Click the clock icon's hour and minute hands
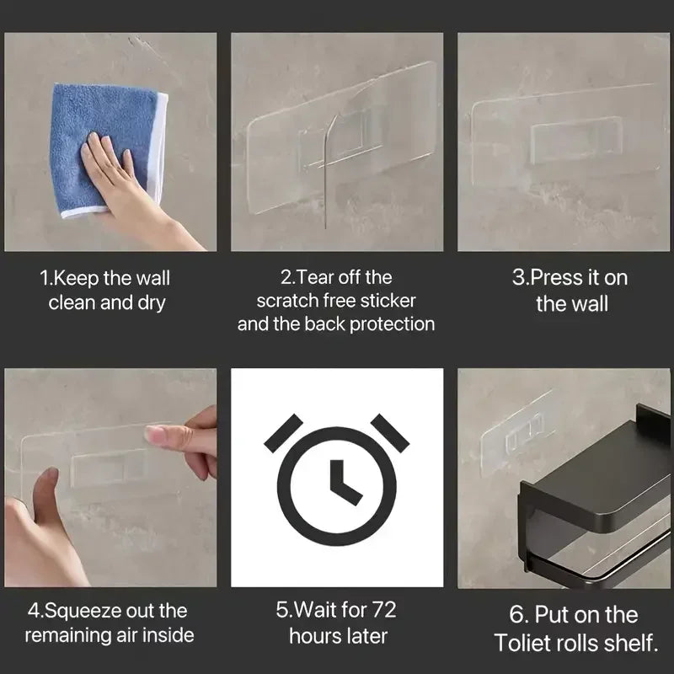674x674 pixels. (x=343, y=482)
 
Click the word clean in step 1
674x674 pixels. (x=72, y=302)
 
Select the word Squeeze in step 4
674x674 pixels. (x=78, y=611)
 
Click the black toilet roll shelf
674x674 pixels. (x=594, y=497)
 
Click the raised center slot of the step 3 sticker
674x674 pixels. (x=577, y=140)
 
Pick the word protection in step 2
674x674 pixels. (x=393, y=324)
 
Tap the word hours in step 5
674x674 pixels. (x=314, y=635)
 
